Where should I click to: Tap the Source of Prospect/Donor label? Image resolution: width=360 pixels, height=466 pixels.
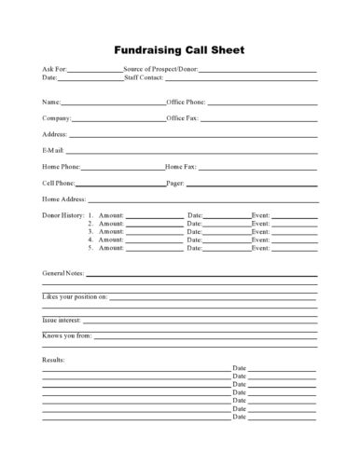pyautogui.click(x=160, y=70)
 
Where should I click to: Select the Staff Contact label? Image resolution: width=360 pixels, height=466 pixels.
pyautogui.click(x=145, y=78)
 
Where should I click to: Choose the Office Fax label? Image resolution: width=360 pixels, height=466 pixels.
pyautogui.click(x=183, y=117)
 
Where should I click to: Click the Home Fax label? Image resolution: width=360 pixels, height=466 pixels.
pyautogui.click(x=181, y=166)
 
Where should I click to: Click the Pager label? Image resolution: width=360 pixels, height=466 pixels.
pyautogui.click(x=174, y=183)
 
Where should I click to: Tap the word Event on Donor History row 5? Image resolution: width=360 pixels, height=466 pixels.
pyautogui.click(x=260, y=249)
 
